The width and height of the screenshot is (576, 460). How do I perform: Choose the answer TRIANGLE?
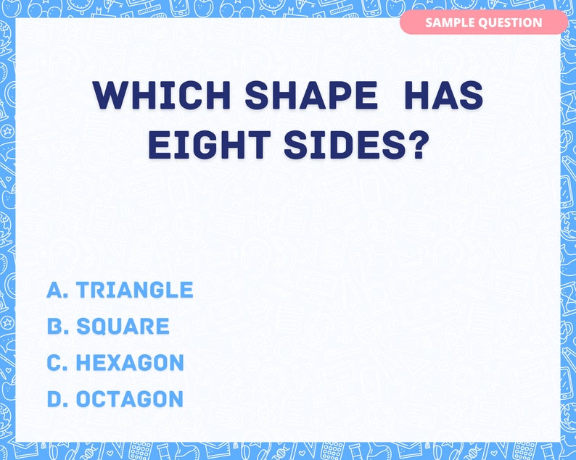[135, 290]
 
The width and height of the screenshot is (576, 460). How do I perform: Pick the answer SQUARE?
[123, 327]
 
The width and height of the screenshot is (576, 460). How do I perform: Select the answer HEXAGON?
[130, 363]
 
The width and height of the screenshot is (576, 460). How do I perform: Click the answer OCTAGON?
[130, 399]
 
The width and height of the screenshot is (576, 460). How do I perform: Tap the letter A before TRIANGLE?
[55, 290]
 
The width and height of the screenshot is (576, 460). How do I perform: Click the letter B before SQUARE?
[55, 327]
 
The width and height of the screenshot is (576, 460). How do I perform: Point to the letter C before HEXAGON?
[55, 363]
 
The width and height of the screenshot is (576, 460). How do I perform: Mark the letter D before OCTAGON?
[55, 399]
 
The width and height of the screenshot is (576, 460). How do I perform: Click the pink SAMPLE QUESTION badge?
[483, 22]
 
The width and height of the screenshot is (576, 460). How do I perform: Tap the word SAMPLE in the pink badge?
[449, 22]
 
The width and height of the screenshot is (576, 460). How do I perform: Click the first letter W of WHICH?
[108, 96]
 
